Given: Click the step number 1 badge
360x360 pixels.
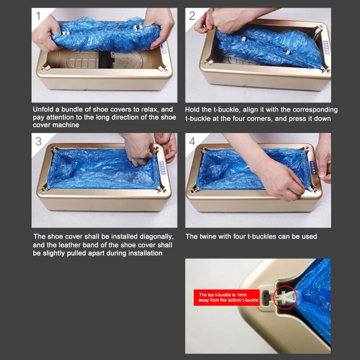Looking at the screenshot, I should (39, 17).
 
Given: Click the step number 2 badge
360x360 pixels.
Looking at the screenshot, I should (193, 17).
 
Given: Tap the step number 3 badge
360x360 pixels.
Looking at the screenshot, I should (39, 141).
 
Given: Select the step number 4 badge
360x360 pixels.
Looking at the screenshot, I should (193, 141).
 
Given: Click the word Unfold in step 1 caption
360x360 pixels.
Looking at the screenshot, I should (44, 109).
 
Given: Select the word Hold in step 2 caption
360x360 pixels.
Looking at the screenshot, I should (193, 109).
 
